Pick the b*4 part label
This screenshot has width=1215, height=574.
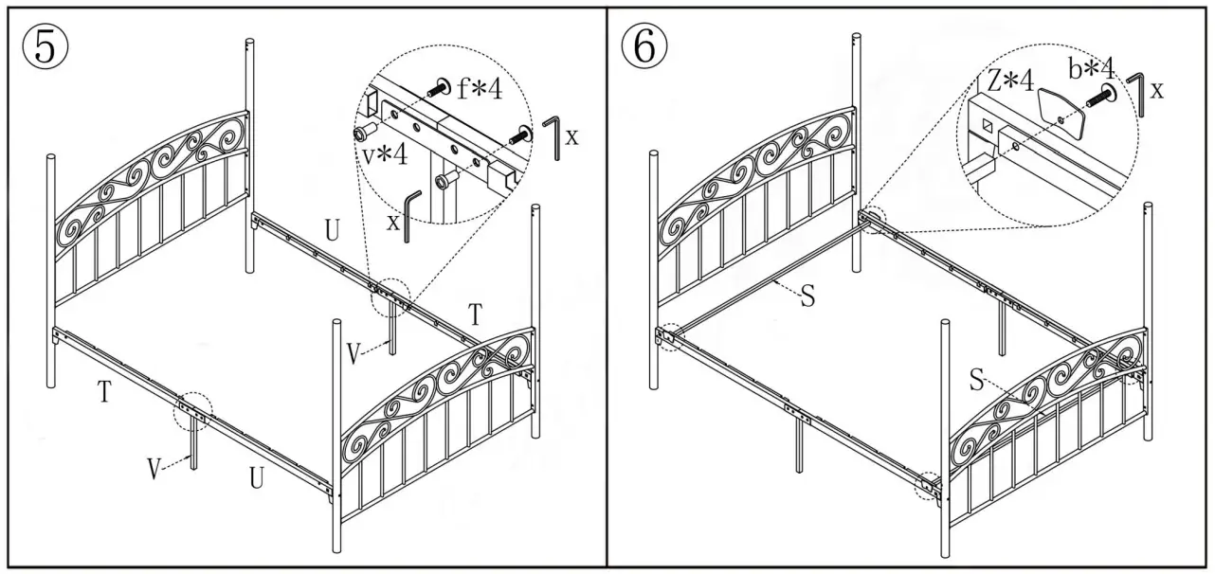coord(1094,68)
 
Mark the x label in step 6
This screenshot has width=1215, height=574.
coord(1157,90)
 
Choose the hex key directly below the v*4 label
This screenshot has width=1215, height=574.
coord(410,216)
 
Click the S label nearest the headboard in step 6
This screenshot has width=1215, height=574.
coord(807,297)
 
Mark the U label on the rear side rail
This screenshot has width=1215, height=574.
coord(332,231)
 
